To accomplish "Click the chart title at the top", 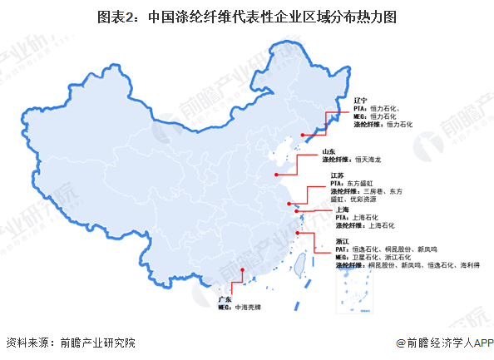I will click(246, 15).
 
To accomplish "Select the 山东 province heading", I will click(329, 151).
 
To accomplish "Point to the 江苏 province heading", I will click(338, 175).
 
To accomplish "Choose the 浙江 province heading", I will click(343, 240).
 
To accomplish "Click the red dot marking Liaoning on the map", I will click(301, 133).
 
